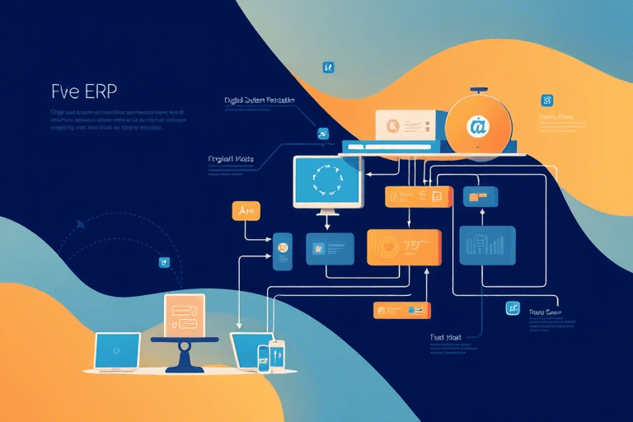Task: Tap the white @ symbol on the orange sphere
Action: [x=477, y=126]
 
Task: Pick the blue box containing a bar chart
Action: [x=487, y=245]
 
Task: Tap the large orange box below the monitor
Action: [x=404, y=246]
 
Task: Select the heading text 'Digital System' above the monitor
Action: [x=258, y=101]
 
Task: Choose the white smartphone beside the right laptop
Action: [x=276, y=355]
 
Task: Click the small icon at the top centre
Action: [x=328, y=67]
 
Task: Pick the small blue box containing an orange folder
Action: [x=476, y=196]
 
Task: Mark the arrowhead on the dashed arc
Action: [x=80, y=223]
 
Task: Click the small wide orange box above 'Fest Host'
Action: [x=402, y=310]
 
